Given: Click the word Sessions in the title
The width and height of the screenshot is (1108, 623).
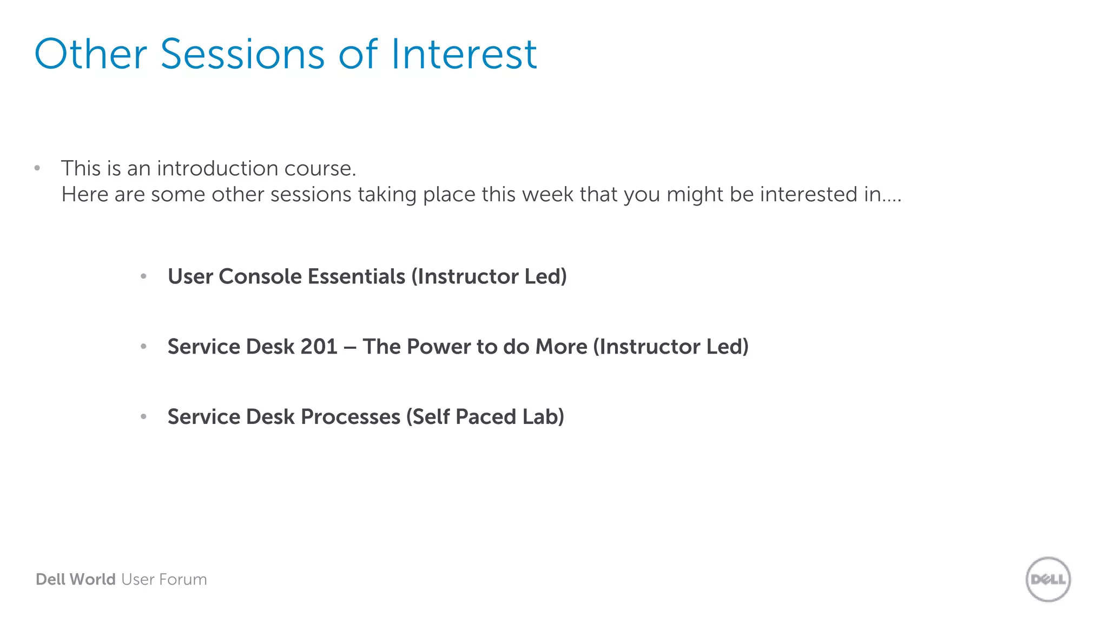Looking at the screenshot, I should (242, 55).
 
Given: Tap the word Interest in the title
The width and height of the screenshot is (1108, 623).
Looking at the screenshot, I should (464, 55).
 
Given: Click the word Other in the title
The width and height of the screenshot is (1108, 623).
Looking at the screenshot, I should (90, 55).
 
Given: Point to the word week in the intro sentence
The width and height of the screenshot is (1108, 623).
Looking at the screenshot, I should (547, 195).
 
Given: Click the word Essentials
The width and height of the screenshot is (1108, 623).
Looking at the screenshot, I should (356, 277).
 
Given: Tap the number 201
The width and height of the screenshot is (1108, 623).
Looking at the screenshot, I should (319, 347).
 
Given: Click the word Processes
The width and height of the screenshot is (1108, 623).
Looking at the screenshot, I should (350, 417).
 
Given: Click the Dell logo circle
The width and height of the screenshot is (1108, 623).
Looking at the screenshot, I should (1048, 579).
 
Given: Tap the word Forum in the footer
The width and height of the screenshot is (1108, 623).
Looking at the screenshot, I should (183, 580).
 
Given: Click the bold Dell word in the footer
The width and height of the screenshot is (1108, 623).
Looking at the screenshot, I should (50, 580).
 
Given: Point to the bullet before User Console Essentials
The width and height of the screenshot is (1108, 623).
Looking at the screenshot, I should (143, 277).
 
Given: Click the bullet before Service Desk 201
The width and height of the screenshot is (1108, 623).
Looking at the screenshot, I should (143, 347).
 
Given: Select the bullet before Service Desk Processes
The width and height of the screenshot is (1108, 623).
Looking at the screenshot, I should (143, 417).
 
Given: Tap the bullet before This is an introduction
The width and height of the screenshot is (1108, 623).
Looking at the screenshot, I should (37, 168).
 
